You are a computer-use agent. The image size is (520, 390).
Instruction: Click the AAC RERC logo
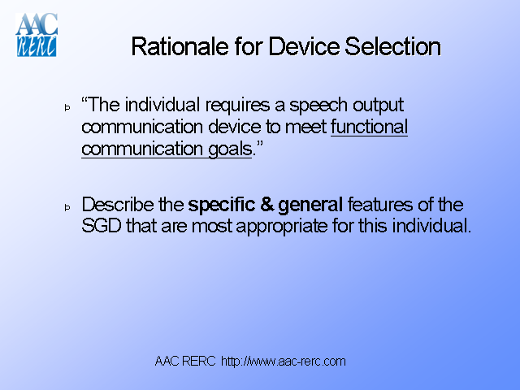coord(36,35)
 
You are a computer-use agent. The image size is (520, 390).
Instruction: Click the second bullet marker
coord(68,208)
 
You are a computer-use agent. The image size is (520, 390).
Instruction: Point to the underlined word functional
coord(370,127)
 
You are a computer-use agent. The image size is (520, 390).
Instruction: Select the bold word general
coord(312,205)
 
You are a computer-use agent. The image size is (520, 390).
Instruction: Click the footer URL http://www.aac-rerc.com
coord(284,361)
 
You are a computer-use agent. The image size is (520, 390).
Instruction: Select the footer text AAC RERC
coord(185,361)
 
